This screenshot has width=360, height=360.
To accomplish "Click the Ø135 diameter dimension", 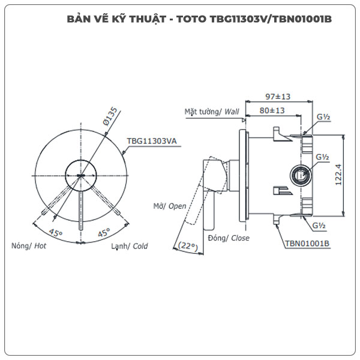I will tap(112, 115).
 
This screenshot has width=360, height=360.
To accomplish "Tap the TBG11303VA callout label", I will tap(150, 142).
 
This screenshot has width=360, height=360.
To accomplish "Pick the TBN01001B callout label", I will tap(307, 243).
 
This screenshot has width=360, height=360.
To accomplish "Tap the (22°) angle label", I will tap(188, 246).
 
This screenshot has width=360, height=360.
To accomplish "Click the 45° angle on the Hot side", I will tap(56, 232).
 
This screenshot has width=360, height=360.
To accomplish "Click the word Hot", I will tap(40, 246).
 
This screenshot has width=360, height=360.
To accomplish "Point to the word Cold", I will tap(140, 246).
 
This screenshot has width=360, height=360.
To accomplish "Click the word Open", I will tap(177, 206).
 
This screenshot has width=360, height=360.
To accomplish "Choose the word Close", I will tap(240, 238).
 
